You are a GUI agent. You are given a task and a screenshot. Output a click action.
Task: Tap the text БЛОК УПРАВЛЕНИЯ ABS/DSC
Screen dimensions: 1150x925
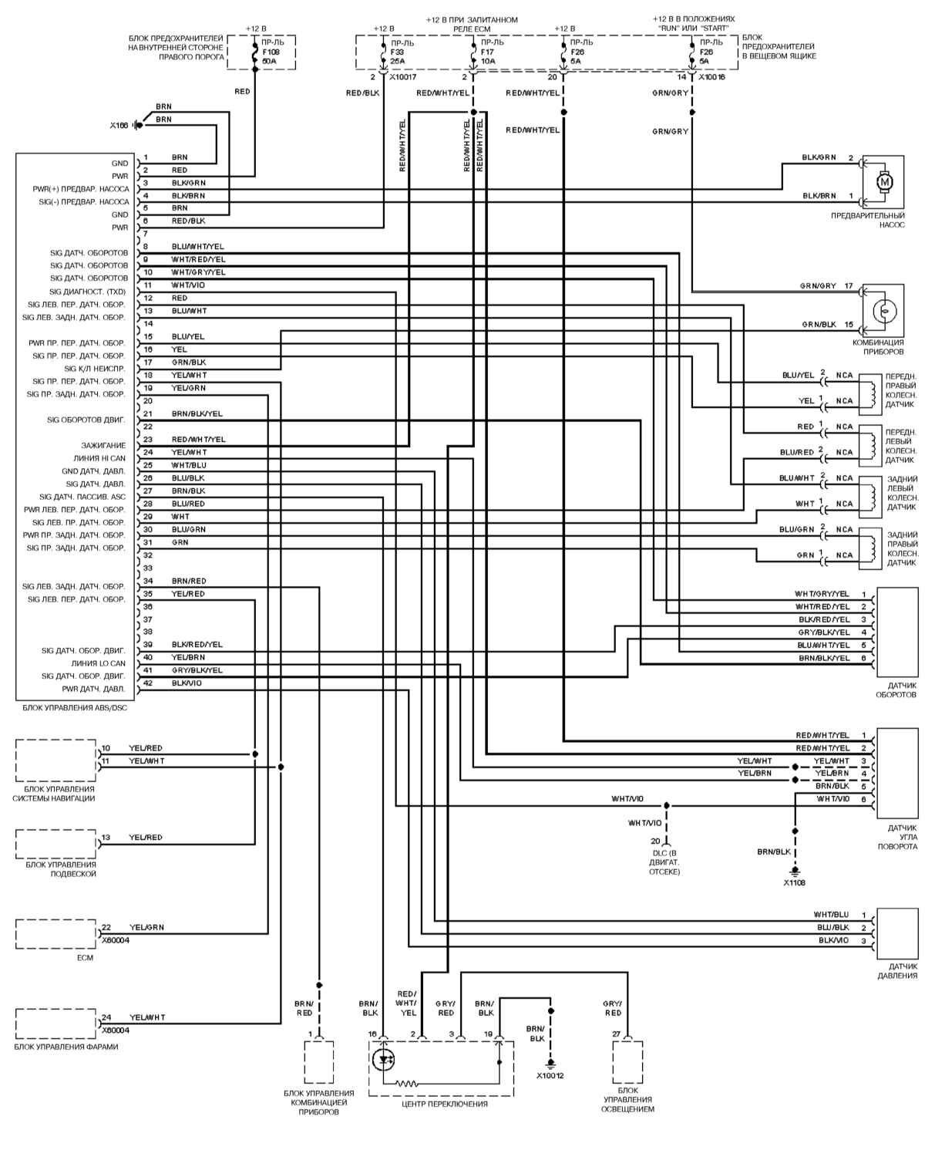(x=72, y=707)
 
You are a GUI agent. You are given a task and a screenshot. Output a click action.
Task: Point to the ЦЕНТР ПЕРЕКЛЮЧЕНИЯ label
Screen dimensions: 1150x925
(x=445, y=1104)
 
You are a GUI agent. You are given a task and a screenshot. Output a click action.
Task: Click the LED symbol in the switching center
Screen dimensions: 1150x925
(x=383, y=1060)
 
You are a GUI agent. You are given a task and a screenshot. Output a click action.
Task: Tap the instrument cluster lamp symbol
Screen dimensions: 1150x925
(x=885, y=311)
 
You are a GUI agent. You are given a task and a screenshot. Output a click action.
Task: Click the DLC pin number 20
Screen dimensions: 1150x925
(x=655, y=841)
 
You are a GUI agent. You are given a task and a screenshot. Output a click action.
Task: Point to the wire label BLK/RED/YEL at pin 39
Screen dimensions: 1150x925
(x=197, y=644)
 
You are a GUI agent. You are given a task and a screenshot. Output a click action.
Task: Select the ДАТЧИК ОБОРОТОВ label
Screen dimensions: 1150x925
(x=896, y=690)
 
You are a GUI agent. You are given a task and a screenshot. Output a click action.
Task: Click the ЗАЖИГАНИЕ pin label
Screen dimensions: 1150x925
(x=103, y=445)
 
